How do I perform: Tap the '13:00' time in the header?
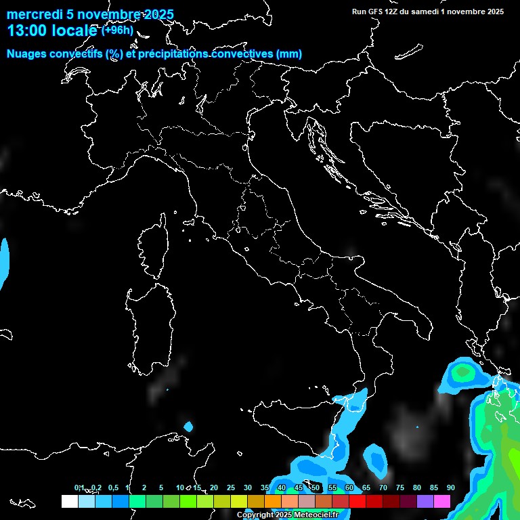coord(28,30)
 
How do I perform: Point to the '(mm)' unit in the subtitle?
coord(288,54)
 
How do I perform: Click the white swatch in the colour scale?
coord(69,501)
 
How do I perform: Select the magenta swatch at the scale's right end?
coord(442,501)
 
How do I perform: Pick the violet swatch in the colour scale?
coord(425,501)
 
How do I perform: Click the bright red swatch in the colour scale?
coord(357,501)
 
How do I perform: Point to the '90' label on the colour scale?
coord(450,487)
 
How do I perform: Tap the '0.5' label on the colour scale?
coord(113,487)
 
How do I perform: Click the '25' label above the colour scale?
coord(231,487)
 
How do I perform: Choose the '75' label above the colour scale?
coord(400,487)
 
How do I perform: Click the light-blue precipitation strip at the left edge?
coord(4,261)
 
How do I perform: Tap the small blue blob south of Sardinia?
coord(188,427)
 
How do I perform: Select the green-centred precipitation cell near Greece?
coord(462,372)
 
